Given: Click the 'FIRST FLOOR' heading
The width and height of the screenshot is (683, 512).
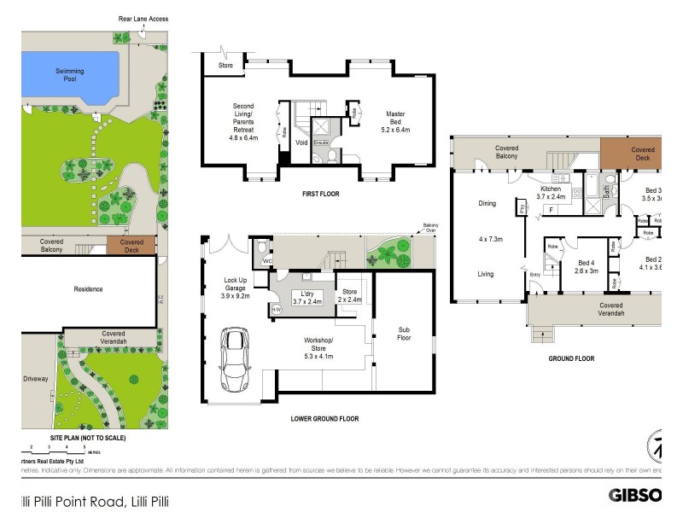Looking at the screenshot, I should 321,194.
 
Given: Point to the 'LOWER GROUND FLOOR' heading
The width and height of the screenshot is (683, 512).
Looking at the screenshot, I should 324,419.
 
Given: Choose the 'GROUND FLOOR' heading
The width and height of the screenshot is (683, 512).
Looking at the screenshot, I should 571,358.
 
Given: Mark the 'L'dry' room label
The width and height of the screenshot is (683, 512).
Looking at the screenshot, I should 306,296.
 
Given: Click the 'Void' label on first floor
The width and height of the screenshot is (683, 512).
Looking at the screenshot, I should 301,143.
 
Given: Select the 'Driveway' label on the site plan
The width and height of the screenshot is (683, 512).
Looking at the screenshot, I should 34,375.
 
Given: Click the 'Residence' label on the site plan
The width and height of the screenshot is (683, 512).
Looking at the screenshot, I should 87,289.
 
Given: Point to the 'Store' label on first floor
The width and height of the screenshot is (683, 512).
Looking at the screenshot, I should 225,65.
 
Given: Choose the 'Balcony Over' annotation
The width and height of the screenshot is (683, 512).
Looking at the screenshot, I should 429,228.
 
